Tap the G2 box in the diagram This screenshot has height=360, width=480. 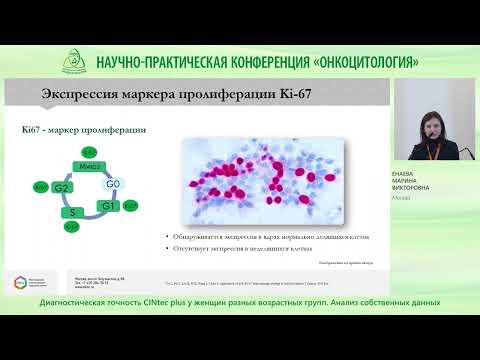tap(62, 187)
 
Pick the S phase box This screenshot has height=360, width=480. tap(73, 212)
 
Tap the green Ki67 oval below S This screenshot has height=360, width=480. tap(71, 227)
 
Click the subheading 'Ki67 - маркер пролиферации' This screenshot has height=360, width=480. tap(85, 130)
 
